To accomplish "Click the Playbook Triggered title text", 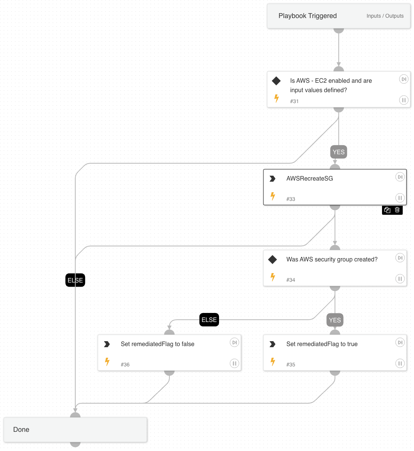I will click(x=307, y=16).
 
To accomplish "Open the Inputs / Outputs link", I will click(x=385, y=16).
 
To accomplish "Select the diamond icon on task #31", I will click(x=276, y=81).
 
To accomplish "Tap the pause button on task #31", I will click(x=403, y=100).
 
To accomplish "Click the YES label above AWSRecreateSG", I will click(x=338, y=152).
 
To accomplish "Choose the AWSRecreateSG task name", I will click(x=309, y=178).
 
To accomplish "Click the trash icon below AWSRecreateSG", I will click(x=397, y=210).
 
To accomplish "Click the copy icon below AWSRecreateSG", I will click(x=387, y=210).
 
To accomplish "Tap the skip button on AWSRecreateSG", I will click(x=400, y=177).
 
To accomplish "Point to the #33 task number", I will click(x=291, y=199).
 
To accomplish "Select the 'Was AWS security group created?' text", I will click(x=332, y=259).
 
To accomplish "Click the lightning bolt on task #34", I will click(x=273, y=277).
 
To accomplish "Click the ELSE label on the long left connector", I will click(x=75, y=280).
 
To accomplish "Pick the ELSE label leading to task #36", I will click(x=209, y=320).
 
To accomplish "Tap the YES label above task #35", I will click(x=335, y=320).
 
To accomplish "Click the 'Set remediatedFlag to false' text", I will click(x=157, y=344).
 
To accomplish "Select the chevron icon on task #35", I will click(x=272, y=344).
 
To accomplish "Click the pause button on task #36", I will click(x=234, y=363).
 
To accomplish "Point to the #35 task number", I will click(x=291, y=364).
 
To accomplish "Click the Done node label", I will click(x=21, y=430).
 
